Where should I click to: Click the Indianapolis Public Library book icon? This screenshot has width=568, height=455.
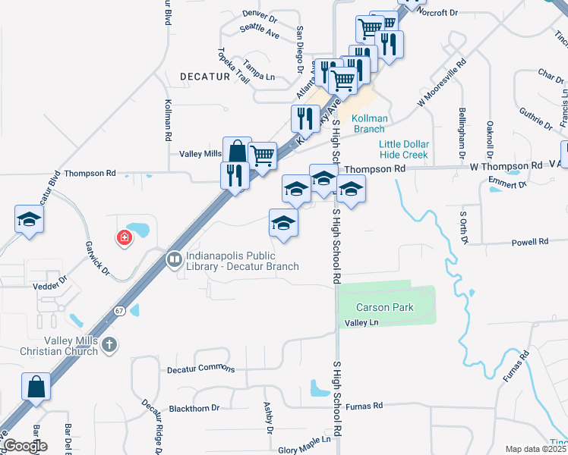coord(174,260)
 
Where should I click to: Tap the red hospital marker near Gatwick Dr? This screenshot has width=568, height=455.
coord(123,239)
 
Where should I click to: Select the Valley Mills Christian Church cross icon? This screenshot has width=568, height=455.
coord(110,345)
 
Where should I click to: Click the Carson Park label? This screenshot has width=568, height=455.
coord(386,307)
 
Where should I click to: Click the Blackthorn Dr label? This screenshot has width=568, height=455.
coord(194,408)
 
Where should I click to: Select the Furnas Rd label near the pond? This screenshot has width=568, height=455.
coord(364,406)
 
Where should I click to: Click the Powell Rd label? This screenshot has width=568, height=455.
coord(530,242)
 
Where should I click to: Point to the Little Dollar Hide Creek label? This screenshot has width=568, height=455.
coord(404,149)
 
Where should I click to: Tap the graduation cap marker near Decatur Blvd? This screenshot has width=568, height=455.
coord(30,221)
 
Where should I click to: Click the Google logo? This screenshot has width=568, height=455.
coord(25,445)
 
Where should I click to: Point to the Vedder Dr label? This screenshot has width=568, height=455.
coord(50,286)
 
